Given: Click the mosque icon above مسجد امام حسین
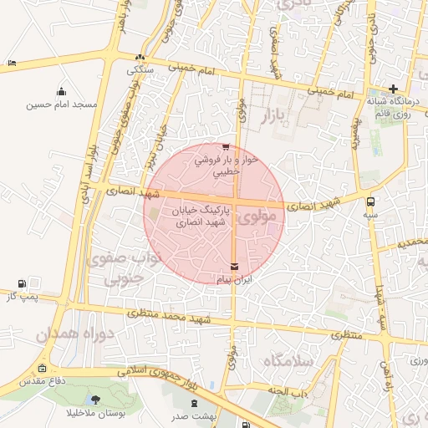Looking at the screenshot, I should [60, 91].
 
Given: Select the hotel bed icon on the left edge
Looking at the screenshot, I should [10, 64].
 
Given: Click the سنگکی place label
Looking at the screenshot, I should [140, 70].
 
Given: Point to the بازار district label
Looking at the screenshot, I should [274, 115].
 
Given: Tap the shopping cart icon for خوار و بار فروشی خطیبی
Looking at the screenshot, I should [225, 147].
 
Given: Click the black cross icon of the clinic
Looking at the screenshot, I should [393, 88].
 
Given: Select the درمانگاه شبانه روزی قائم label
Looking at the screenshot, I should [391, 104].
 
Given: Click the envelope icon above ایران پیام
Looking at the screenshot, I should [233, 266].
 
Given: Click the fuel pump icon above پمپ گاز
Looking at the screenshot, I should [22, 283].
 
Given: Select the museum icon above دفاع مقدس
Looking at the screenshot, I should [43, 369].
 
